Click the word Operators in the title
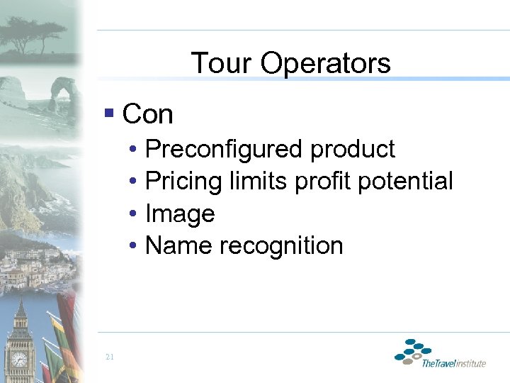[325, 63]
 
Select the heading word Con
[147, 113]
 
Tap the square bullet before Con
[108, 112]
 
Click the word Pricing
[183, 182]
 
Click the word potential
[405, 182]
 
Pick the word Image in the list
[179, 213]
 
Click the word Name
[179, 245]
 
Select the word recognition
[281, 245]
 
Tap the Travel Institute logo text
[453, 363]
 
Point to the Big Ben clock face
[19, 359]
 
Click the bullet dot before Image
[133, 213]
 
